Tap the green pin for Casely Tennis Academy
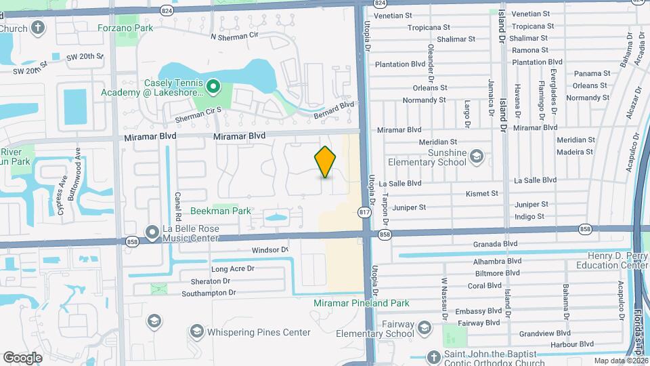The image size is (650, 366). click(213, 86)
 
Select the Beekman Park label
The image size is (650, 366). click(220, 211)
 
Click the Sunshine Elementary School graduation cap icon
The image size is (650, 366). click(477, 157)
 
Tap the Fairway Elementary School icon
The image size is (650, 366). click(424, 329)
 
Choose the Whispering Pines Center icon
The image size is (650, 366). click(196, 332)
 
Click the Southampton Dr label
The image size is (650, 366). click(209, 293)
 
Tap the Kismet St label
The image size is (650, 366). click(482, 194)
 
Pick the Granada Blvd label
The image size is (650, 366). click(496, 244)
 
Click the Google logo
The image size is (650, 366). click(22, 357)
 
